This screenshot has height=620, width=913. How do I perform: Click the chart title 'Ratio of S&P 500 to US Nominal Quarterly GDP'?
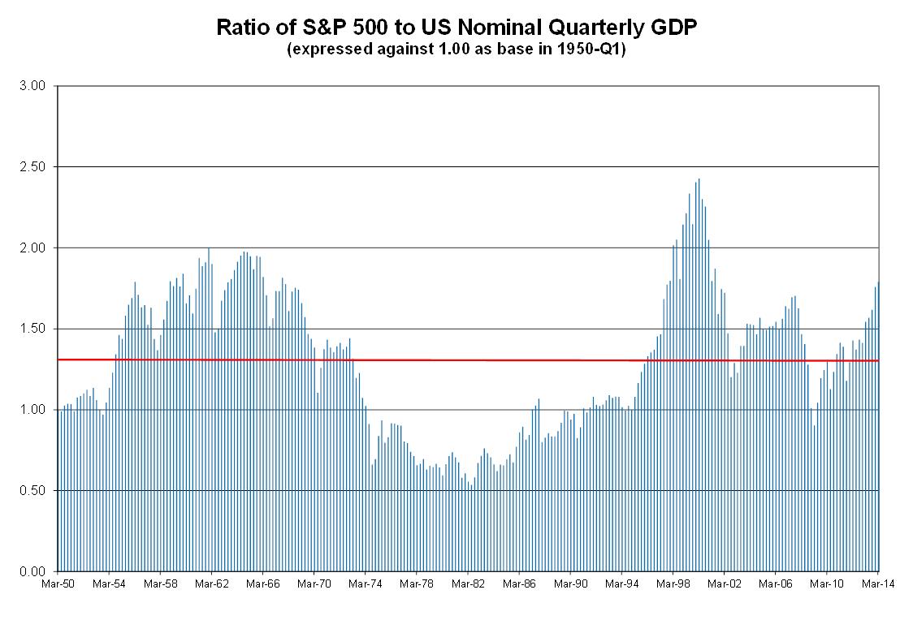coord(456,28)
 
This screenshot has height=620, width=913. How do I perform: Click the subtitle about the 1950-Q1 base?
coord(456,50)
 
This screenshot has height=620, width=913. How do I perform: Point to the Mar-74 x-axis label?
coord(366,583)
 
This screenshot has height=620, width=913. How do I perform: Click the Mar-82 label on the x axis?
coord(468,583)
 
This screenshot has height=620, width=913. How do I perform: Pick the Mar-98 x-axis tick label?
coord(673,583)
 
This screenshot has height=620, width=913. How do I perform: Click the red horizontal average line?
coord(487,360)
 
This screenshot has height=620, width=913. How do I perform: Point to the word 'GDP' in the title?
coord(675,28)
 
